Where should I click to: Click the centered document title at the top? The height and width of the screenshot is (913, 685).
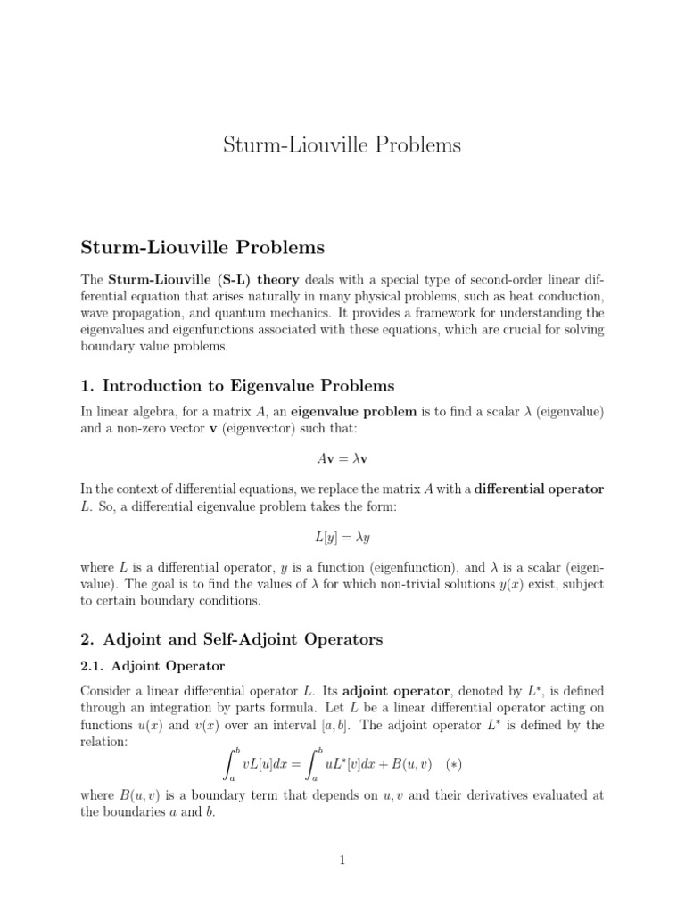(x=342, y=144)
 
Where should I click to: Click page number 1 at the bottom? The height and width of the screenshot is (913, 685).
(x=342, y=860)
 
